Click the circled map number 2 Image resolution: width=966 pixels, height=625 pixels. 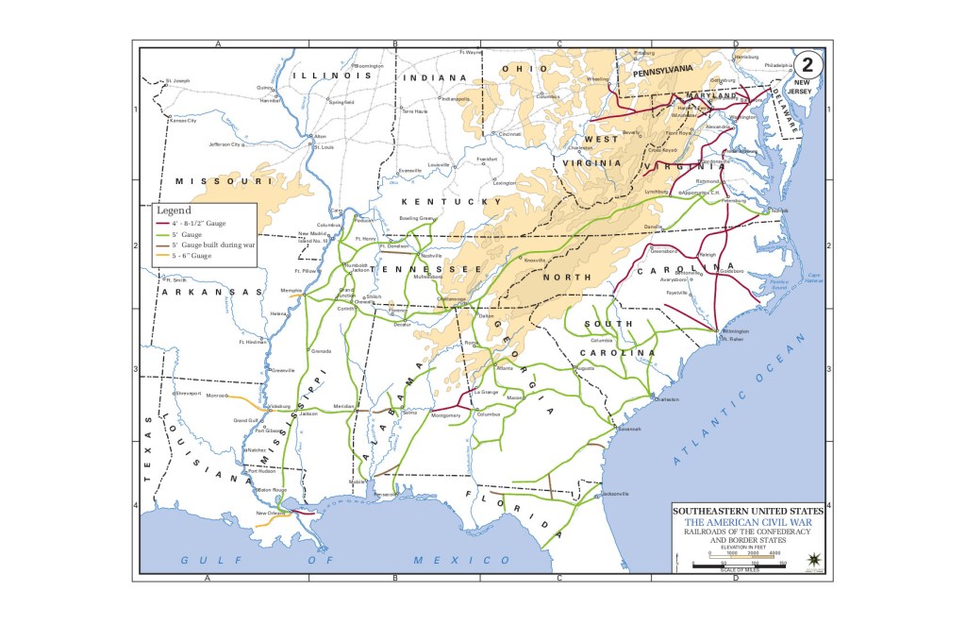[808, 66]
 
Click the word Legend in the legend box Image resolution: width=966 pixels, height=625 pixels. [174, 210]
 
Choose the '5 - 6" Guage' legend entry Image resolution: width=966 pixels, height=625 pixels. [192, 256]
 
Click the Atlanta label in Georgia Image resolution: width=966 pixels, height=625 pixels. [505, 368]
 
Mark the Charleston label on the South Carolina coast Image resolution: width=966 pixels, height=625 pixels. [666, 399]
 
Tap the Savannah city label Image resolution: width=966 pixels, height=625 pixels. [629, 429]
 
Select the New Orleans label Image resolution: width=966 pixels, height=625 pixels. [269, 513]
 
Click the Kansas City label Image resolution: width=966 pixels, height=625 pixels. [182, 121]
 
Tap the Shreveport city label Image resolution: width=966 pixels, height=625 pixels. [188, 393]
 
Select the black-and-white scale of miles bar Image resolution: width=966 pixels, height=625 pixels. [740, 564]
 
